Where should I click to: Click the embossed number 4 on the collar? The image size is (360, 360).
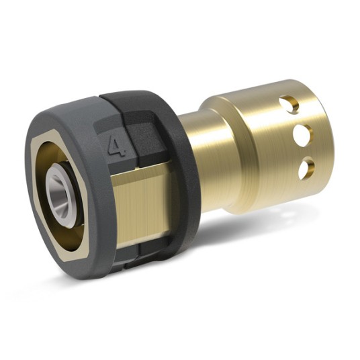tap(118, 144)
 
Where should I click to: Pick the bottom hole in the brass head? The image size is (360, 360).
tap(306, 166)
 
